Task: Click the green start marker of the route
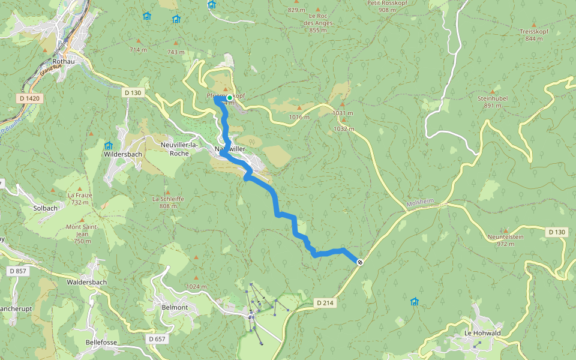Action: [x=229, y=98]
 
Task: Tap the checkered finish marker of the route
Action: [x=360, y=262]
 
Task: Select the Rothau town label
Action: [x=63, y=61]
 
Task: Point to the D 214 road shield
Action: [x=324, y=303]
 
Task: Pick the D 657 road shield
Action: [x=158, y=339]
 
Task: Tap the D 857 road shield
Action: [x=18, y=271]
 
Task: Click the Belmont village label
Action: [x=175, y=307]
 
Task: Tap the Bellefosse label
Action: [x=101, y=342]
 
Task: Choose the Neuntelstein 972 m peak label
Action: [x=505, y=240]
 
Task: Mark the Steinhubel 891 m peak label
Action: [x=493, y=101]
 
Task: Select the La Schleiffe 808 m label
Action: [x=168, y=202]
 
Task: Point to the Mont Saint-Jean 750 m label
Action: [x=82, y=233]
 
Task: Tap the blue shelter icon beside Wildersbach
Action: [x=109, y=146]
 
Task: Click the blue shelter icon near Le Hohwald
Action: [x=414, y=301]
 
